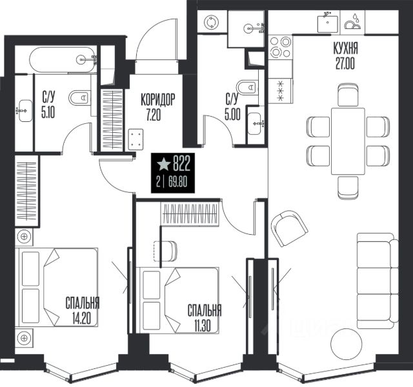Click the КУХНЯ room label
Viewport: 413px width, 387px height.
(345, 48)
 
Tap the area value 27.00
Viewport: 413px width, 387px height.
(345, 63)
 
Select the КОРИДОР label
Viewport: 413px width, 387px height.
(157, 99)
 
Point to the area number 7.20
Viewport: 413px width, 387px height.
(154, 115)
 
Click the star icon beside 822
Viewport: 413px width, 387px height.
(163, 164)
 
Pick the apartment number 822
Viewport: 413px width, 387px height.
(181, 164)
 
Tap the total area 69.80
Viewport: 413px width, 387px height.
(178, 182)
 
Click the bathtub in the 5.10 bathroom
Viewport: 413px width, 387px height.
(63, 60)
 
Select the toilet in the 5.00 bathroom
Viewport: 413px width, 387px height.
(247, 87)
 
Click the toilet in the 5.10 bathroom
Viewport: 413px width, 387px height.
(79, 98)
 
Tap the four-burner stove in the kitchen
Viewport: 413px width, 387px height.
(280, 47)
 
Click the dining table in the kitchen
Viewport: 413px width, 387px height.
(348, 141)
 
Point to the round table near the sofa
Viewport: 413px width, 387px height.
(346, 344)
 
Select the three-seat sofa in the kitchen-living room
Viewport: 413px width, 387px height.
(378, 281)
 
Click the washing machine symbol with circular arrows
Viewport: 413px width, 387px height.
(211, 22)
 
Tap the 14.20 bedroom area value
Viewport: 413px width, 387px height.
(81, 319)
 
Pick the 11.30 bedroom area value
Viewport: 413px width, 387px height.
(203, 326)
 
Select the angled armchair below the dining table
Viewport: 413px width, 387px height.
(289, 228)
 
